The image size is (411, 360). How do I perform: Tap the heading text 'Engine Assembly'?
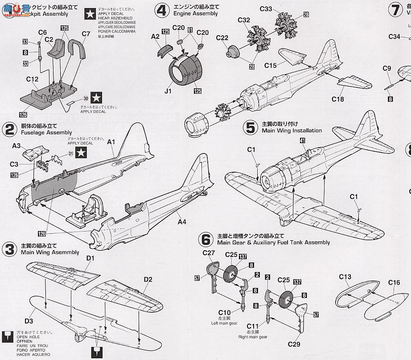pyautogui.click(x=196, y=13)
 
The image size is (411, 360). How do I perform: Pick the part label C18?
pyautogui.click(x=338, y=99)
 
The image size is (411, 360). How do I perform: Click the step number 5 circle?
pyautogui.click(x=251, y=127)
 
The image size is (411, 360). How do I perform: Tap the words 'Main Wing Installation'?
pyautogui.click(x=292, y=131)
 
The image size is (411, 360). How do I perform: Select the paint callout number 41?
pyautogui.click(x=302, y=140)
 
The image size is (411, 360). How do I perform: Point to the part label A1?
pyautogui.click(x=111, y=142)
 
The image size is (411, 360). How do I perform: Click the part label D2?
pyautogui.click(x=148, y=280)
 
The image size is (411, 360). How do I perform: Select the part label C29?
pyautogui.click(x=294, y=344)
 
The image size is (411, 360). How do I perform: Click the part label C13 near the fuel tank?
pyautogui.click(x=345, y=277)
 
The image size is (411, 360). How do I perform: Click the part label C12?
pyautogui.click(x=32, y=79)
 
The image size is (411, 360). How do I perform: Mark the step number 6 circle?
pyautogui.click(x=206, y=239)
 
